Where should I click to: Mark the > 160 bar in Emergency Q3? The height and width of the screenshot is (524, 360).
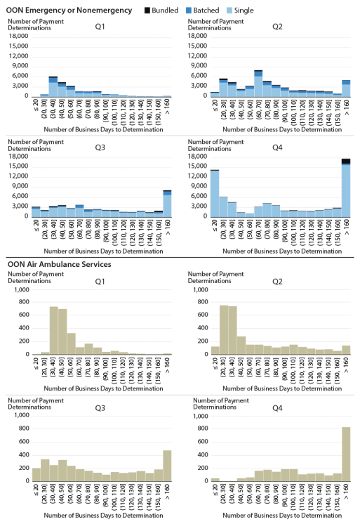167,203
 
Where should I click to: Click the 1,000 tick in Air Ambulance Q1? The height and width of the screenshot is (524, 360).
21,289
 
